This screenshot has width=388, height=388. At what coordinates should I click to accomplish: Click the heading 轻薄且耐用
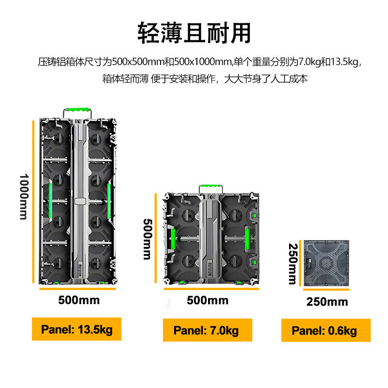pos(194,33)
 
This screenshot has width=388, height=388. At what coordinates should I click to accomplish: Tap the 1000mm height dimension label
pos(23,196)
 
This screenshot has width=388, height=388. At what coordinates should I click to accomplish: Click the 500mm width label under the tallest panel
pos(79,300)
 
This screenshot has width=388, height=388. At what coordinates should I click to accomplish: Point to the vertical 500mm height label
pos(147,238)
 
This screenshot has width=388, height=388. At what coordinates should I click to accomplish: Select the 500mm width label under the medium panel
pos(207,300)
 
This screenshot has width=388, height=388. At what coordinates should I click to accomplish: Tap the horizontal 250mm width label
pos(327,302)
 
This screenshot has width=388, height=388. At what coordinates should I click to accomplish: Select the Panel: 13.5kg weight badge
pos(77,330)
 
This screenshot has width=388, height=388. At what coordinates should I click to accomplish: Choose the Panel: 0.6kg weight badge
pos(324,331)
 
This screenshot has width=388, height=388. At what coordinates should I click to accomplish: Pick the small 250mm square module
pos(325,264)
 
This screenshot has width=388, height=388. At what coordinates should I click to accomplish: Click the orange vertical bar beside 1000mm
pos(33,202)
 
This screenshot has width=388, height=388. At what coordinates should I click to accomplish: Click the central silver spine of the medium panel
pos(210,238)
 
